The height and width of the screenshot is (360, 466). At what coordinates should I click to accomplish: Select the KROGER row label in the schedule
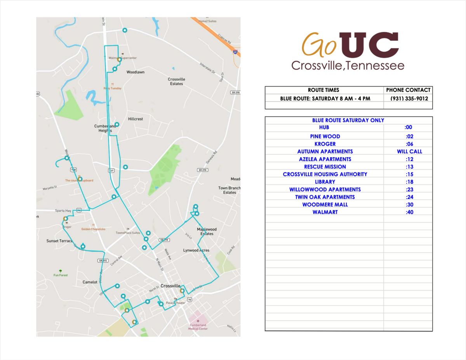pyautogui.click(x=325, y=144)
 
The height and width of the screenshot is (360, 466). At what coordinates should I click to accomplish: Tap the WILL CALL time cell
pyautogui.click(x=409, y=151)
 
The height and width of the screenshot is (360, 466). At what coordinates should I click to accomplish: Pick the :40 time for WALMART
pyautogui.click(x=409, y=212)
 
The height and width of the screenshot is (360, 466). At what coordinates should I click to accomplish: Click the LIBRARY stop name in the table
pyautogui.click(x=325, y=182)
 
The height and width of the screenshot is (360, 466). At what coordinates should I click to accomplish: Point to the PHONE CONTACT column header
pyautogui.click(x=409, y=90)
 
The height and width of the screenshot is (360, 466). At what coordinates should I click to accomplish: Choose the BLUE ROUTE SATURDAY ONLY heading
pyautogui.click(x=348, y=120)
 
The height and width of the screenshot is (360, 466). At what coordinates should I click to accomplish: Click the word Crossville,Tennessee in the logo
pyautogui.click(x=348, y=65)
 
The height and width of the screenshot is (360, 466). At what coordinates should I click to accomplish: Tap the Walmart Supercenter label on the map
pyautogui.click(x=123, y=58)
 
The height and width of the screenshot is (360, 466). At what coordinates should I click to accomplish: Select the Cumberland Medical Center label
pyautogui.click(x=198, y=327)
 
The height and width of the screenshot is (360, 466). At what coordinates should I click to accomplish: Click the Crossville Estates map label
pyautogui.click(x=176, y=82)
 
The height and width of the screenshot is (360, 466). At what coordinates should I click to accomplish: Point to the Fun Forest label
pyautogui.click(x=61, y=275)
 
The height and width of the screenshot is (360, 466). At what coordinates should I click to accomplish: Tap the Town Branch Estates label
pyautogui.click(x=230, y=190)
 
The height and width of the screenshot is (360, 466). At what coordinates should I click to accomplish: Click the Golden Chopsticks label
pyautogui.click(x=93, y=229)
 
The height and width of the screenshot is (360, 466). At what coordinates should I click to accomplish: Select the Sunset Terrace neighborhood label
pyautogui.click(x=59, y=241)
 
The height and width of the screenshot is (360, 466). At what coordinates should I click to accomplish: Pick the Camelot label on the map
pyautogui.click(x=90, y=282)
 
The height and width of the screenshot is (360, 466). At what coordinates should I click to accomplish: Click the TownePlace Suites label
pyautogui.click(x=128, y=233)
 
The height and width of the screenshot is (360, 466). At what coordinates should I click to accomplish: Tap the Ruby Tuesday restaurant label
pyautogui.click(x=112, y=88)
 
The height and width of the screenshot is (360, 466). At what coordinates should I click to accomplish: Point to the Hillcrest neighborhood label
pyautogui.click(x=135, y=119)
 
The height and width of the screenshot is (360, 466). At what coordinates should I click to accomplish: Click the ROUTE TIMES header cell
pyautogui.click(x=323, y=90)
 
